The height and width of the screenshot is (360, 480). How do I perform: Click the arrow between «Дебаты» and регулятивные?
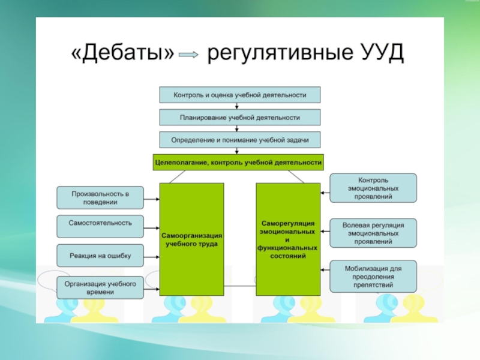tap(189, 55)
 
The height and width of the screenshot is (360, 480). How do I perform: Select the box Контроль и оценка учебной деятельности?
tap(240, 95)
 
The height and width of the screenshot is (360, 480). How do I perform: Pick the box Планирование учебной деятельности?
tap(240, 118)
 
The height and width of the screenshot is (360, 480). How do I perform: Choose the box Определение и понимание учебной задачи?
tap(240, 140)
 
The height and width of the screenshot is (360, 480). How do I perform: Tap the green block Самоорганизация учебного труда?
tap(192, 239)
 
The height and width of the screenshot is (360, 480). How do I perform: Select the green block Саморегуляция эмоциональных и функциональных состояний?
tap(288, 239)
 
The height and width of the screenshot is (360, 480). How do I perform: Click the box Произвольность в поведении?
tap(100, 198)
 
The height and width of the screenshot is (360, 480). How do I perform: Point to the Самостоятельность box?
tap(100, 223)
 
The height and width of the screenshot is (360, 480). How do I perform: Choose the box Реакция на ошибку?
tap(100, 256)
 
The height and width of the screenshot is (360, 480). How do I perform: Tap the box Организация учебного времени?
tap(100, 287)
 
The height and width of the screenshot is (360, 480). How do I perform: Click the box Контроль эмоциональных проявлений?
tap(373, 188)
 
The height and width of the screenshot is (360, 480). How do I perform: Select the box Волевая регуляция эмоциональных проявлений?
tap(373, 233)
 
